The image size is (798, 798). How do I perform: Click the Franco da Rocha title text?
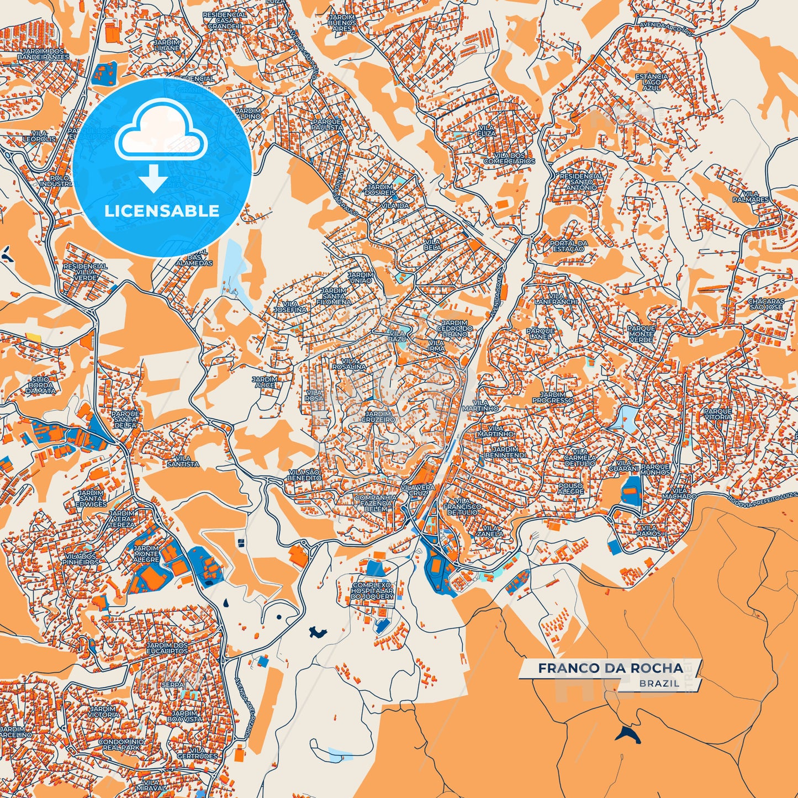610,668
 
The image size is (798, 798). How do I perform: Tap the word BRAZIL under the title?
659,684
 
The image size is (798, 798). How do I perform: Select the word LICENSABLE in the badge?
162,211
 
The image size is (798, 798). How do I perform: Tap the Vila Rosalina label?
349,364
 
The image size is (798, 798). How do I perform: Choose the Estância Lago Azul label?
651,82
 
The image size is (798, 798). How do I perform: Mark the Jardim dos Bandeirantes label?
43,54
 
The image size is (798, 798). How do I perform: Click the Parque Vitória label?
717,414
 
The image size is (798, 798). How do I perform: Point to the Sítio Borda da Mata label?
40,385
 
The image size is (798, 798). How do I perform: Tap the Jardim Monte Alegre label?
146,554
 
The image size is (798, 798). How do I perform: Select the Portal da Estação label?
568,246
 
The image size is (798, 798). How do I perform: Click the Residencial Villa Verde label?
85,272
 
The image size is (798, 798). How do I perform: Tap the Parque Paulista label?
327,124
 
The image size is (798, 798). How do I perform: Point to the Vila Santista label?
183,461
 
